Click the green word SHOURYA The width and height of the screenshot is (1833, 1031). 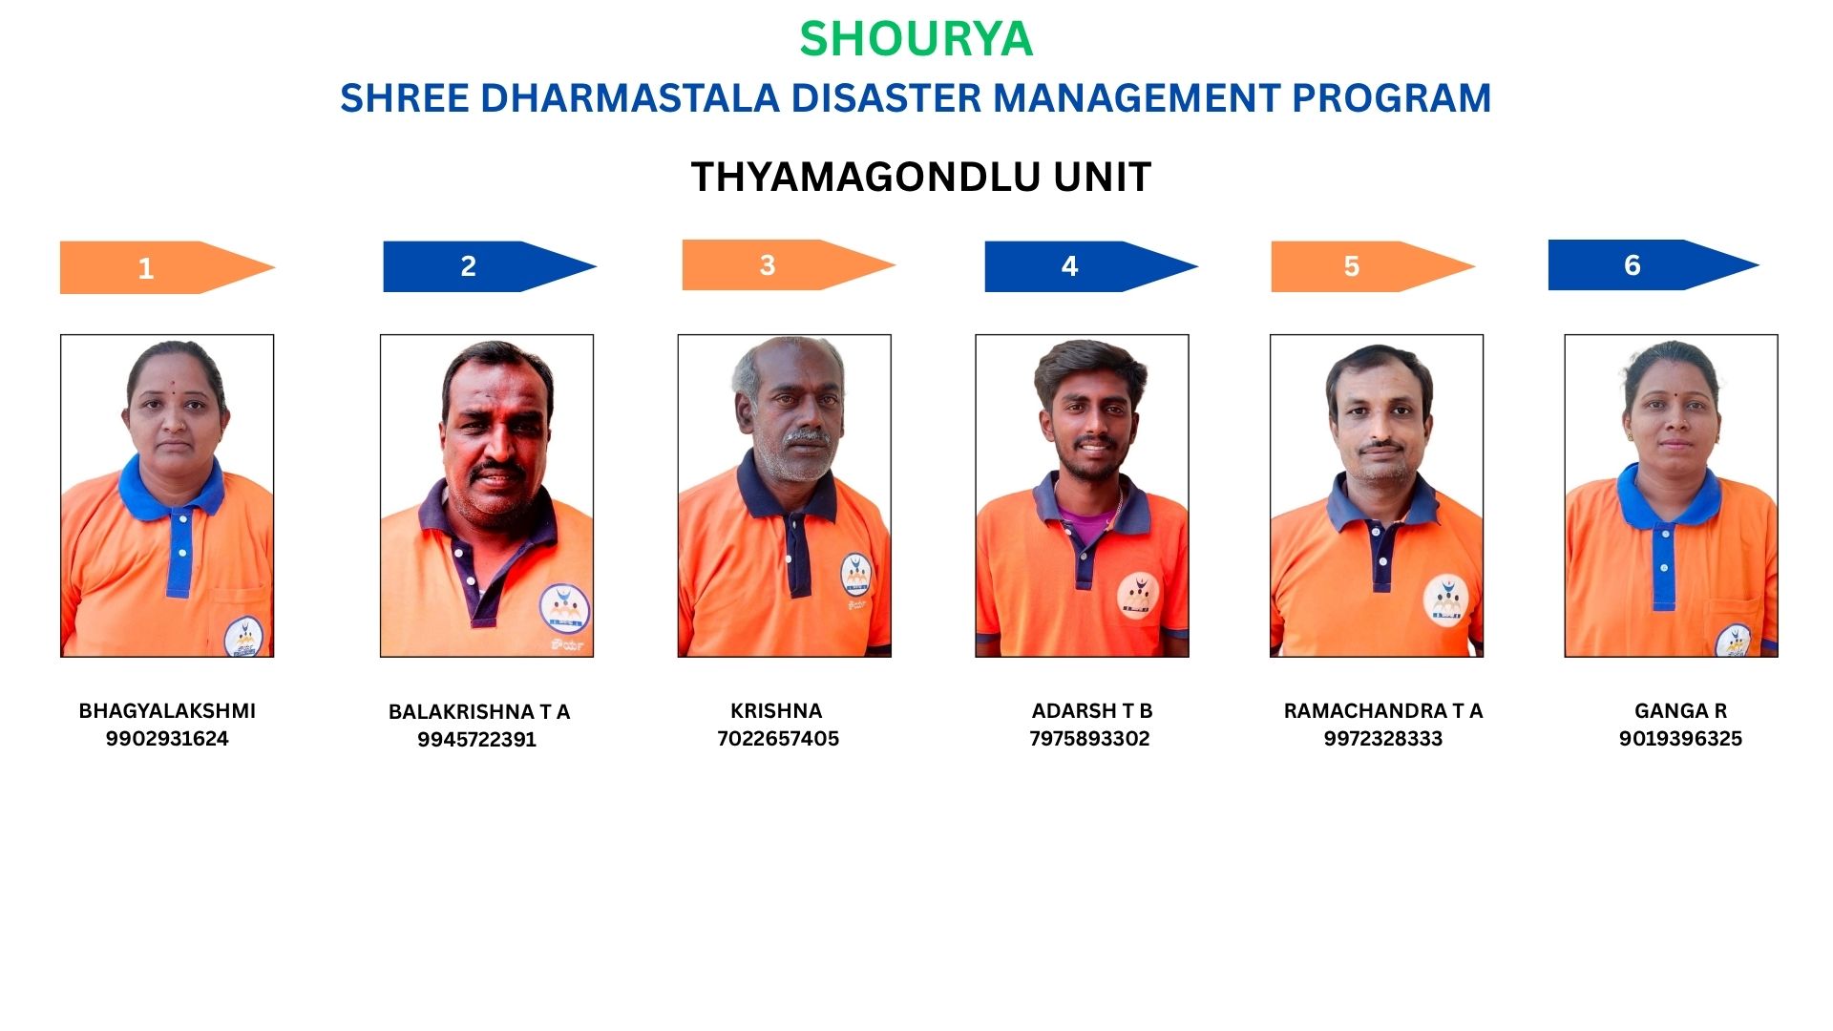pyautogui.click(x=916, y=39)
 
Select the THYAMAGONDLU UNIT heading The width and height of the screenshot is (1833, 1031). pyautogui.click(x=921, y=178)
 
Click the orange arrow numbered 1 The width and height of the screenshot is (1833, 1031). pyautogui.click(x=167, y=267)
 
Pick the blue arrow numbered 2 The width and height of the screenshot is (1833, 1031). pyautogui.click(x=490, y=266)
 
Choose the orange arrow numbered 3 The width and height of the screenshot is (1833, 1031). pyautogui.click(x=789, y=265)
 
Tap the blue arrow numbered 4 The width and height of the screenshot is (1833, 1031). pyautogui.click(x=1091, y=266)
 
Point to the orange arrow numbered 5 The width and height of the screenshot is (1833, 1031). pyautogui.click(x=1373, y=266)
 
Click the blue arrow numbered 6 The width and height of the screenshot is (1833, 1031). pyautogui.click(x=1654, y=264)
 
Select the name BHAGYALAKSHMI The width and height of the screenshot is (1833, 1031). pyautogui.click(x=167, y=711)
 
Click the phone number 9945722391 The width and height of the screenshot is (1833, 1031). pyautogui.click(x=476, y=740)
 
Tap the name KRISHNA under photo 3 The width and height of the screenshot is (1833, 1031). pyautogui.click(x=776, y=711)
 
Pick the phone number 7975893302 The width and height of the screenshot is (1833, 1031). pyautogui.click(x=1089, y=739)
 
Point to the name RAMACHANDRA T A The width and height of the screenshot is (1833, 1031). pyautogui.click(x=1383, y=711)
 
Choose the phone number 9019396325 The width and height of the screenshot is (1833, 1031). pyautogui.click(x=1680, y=739)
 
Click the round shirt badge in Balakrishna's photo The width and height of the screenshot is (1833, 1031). pyautogui.click(x=564, y=609)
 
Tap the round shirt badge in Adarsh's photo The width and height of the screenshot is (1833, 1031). pyautogui.click(x=1138, y=596)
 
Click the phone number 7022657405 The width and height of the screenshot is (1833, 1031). pyautogui.click(x=778, y=739)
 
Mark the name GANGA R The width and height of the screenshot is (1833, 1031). pyautogui.click(x=1680, y=711)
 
